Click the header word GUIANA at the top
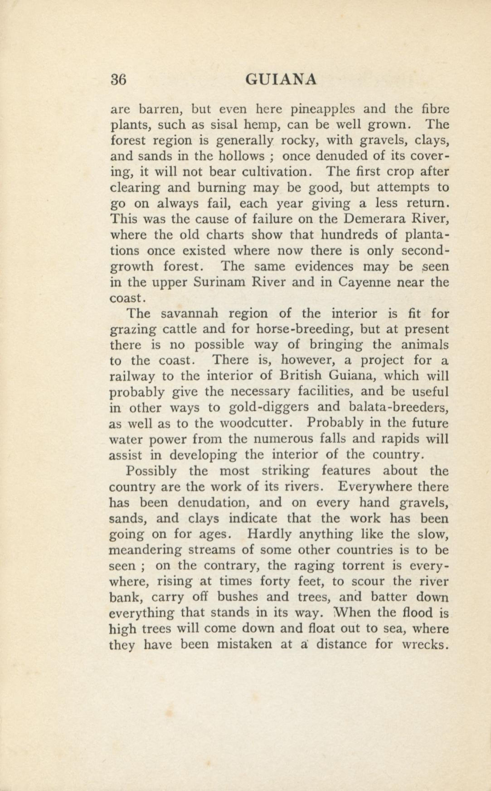point(281,80)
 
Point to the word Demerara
point(373,219)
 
